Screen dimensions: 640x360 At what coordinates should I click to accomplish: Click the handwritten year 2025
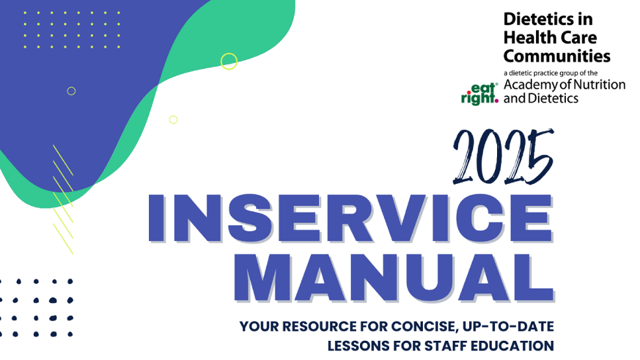(x=503, y=157)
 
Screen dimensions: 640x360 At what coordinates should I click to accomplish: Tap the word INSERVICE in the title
(x=351, y=218)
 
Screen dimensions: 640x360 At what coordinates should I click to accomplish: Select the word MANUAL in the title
(x=394, y=278)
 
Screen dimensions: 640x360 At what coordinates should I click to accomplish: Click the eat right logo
(x=480, y=94)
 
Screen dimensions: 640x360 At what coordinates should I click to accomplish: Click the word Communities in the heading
(x=557, y=56)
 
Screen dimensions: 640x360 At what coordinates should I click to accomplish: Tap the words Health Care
(x=550, y=38)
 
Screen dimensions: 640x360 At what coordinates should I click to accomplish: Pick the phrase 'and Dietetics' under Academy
(x=541, y=98)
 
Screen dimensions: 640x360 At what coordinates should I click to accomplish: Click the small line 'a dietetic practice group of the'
(x=551, y=73)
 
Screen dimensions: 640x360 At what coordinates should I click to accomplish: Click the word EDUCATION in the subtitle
(x=512, y=346)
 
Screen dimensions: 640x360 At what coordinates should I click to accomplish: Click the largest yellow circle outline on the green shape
(x=229, y=54)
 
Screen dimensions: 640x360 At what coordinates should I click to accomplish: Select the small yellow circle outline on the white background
(x=173, y=116)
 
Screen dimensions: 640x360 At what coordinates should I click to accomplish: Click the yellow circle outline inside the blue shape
(x=71, y=87)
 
